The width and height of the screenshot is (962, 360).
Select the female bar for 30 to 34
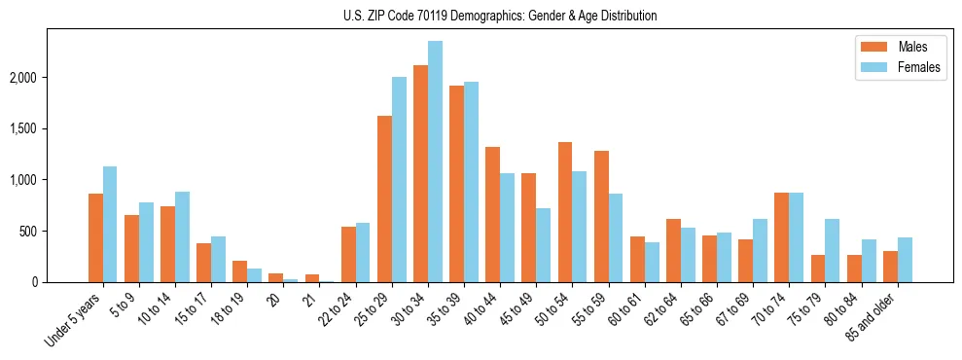coord(435,162)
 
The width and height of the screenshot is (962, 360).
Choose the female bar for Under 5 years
coord(110,224)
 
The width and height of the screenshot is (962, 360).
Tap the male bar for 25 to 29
coord(384,198)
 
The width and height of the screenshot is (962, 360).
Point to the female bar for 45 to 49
coord(544,245)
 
